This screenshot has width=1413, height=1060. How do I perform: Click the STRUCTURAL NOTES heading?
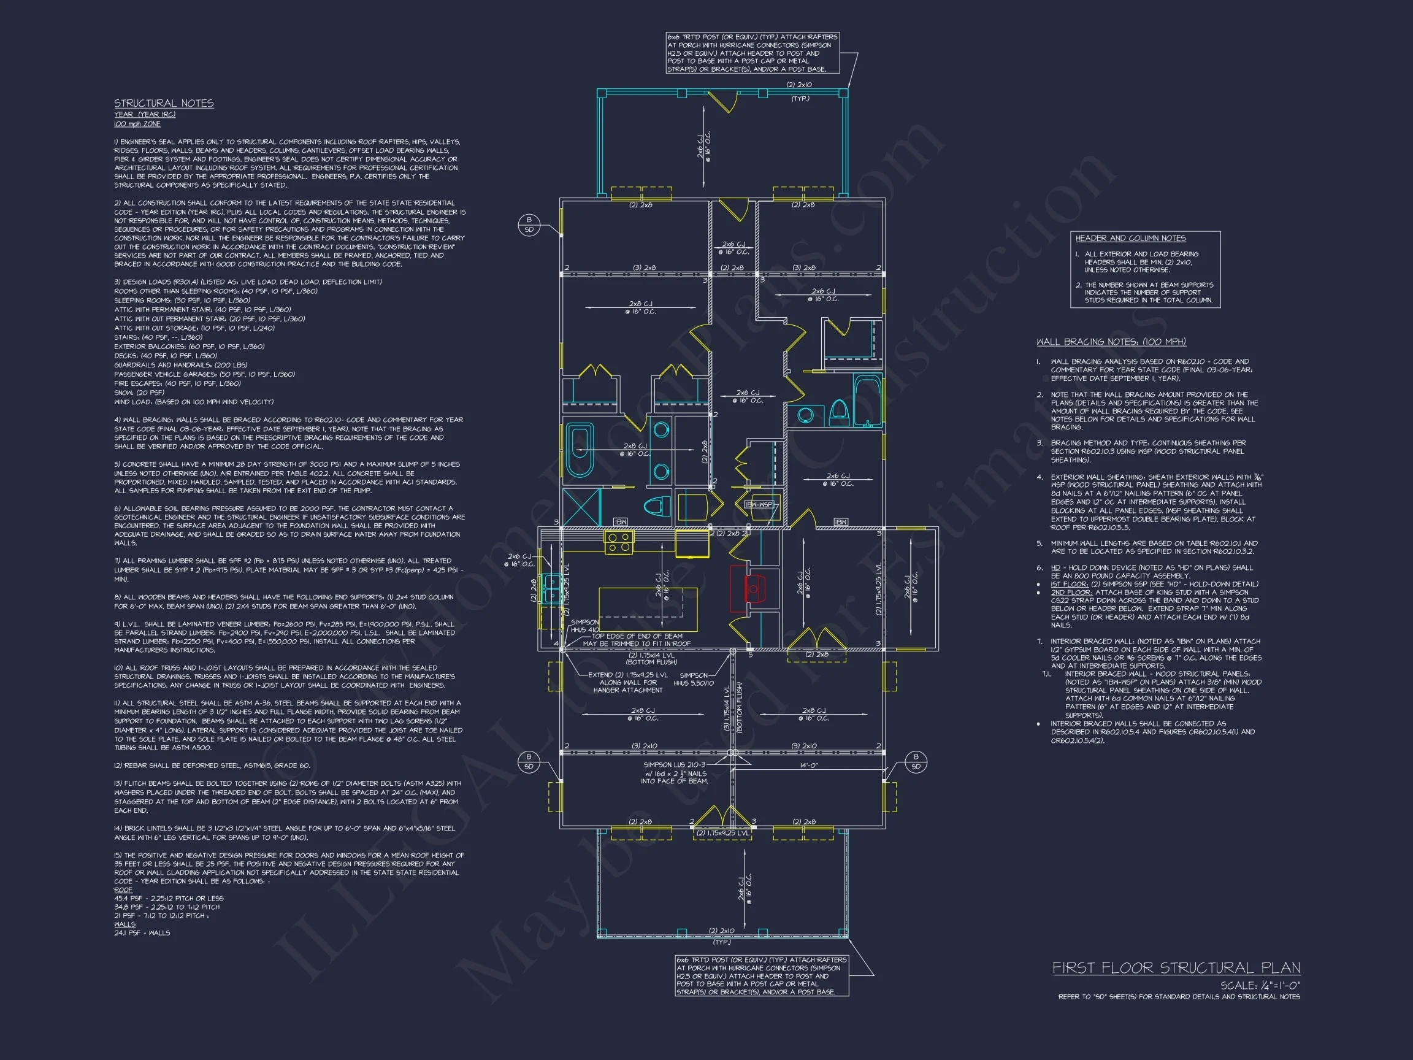coord(164,104)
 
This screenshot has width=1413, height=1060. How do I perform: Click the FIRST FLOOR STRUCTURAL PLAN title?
coord(1176,968)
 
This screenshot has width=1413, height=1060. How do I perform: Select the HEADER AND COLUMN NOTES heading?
coord(1130,239)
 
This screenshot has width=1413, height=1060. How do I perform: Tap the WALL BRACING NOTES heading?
coord(1111,342)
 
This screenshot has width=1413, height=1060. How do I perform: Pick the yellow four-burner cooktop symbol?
coord(618,542)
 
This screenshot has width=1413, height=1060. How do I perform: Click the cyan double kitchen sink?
coord(549,588)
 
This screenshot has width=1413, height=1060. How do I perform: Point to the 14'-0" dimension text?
coord(808,765)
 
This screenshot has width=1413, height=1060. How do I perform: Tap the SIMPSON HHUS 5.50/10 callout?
coord(693,679)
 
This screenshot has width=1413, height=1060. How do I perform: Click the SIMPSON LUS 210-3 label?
coord(675,765)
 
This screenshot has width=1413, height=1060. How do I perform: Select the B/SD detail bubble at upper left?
coord(529,225)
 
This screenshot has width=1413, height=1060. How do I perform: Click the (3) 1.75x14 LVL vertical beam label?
coord(727,709)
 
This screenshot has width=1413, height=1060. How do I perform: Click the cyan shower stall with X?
coord(582,507)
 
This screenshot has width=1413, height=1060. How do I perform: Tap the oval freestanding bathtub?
coord(580,450)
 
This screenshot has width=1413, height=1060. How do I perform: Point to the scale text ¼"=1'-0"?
coord(1260,985)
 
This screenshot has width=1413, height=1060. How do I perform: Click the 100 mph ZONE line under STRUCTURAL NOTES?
coord(137,124)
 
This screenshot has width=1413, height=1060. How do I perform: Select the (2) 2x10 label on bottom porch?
coord(721,931)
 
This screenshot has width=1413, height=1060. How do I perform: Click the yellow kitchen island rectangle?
coord(647,610)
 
